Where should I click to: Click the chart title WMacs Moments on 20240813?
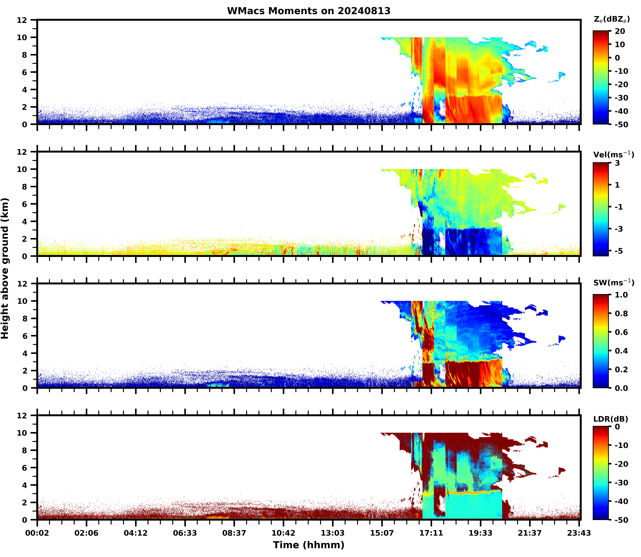(309, 11)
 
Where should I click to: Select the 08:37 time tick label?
(234, 533)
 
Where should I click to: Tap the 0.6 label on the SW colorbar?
(621, 332)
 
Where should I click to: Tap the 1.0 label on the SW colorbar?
(621, 295)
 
